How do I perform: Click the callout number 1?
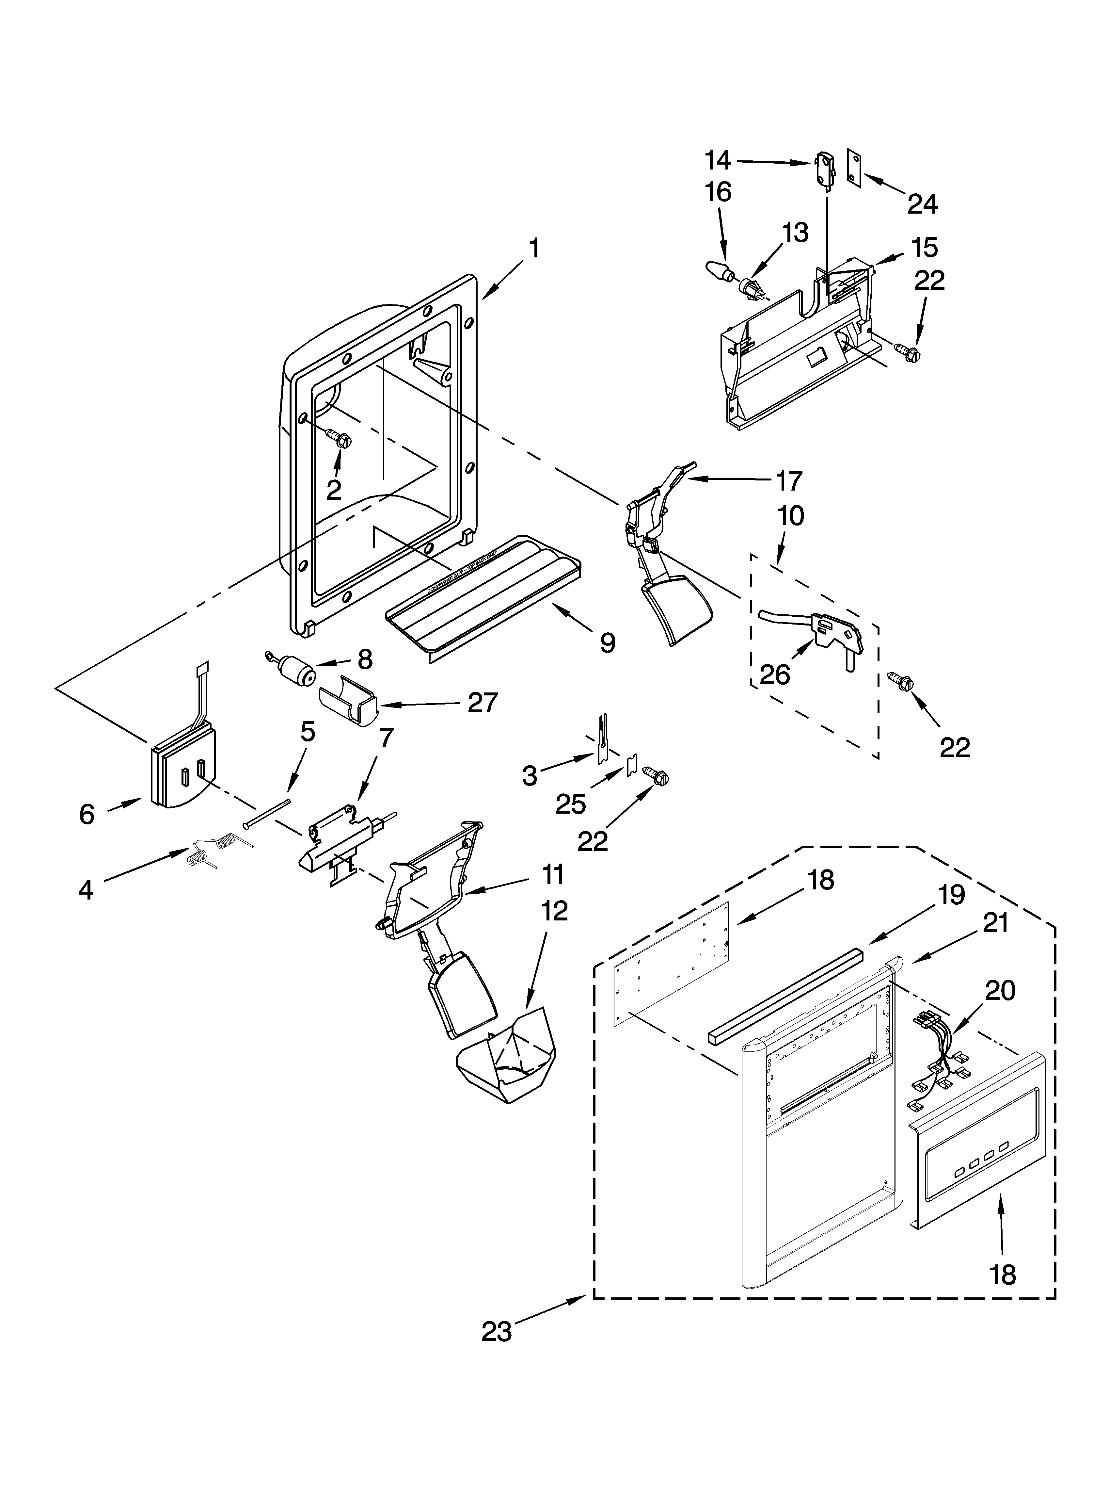534,249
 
